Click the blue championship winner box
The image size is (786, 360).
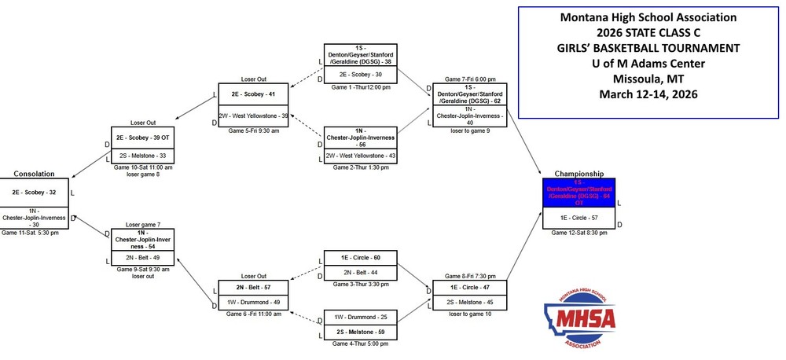coord(578,193)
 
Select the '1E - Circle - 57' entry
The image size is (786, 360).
coord(578,217)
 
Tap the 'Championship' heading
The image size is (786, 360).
coord(578,173)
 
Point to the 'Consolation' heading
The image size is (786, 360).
coord(34,173)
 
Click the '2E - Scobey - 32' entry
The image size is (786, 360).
coord(34,192)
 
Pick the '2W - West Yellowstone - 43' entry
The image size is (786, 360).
coord(361,156)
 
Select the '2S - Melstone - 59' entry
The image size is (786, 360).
coord(361,332)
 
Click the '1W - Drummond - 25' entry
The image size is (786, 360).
coord(361,318)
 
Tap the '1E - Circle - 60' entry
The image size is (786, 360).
coord(361,257)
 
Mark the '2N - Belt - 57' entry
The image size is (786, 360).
coord(252,288)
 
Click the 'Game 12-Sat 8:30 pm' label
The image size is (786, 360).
coord(578,233)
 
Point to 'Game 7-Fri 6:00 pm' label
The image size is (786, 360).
coord(470,79)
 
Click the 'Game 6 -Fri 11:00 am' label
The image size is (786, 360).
coord(252,314)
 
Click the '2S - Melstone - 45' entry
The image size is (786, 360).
coord(470,303)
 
